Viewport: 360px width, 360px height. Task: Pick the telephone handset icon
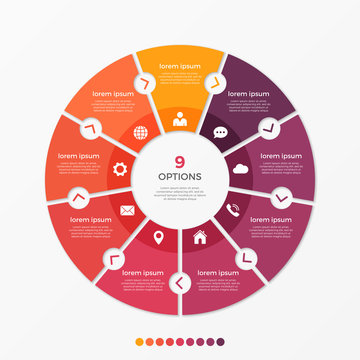(x=233, y=208)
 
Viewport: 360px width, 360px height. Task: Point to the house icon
(x=200, y=238)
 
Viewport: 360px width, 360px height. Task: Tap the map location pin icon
(x=158, y=238)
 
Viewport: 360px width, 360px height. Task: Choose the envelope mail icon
(x=128, y=210)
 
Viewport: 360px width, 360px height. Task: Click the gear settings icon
(x=120, y=169)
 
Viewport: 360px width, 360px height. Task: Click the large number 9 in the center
(x=180, y=162)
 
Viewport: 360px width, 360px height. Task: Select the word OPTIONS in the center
(x=180, y=177)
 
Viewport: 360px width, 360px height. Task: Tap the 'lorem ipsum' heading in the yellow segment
(x=180, y=66)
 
